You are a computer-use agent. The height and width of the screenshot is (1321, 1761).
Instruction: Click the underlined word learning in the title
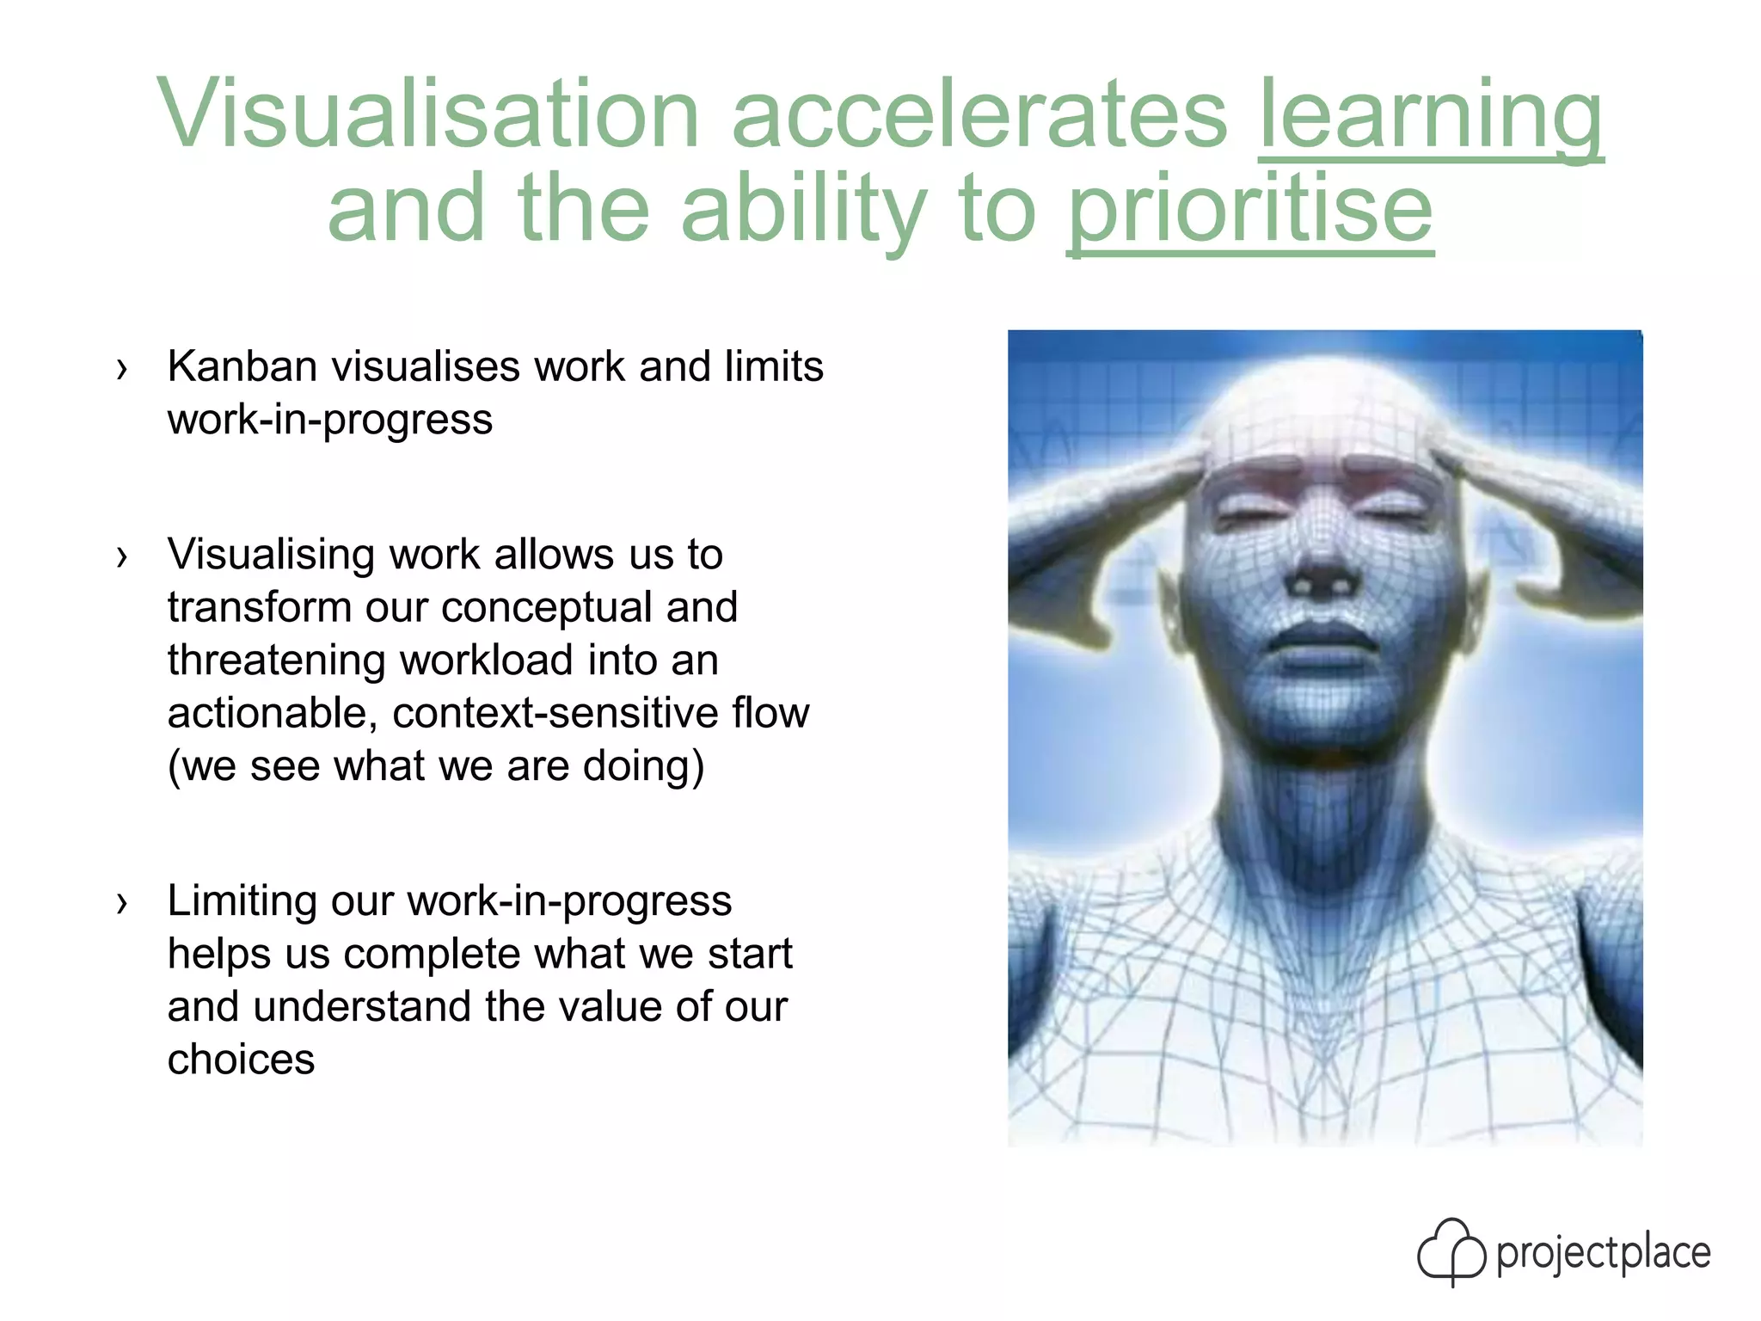[1430, 116]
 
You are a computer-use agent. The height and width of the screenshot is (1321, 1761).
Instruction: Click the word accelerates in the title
[979, 116]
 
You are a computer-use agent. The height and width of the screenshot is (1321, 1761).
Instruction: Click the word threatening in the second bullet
[276, 661]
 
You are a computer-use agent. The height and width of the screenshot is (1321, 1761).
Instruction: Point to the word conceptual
[547, 608]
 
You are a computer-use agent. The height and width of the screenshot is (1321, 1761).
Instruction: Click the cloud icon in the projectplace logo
[1451, 1251]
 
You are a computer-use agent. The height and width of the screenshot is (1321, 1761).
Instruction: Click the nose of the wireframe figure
[1322, 572]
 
